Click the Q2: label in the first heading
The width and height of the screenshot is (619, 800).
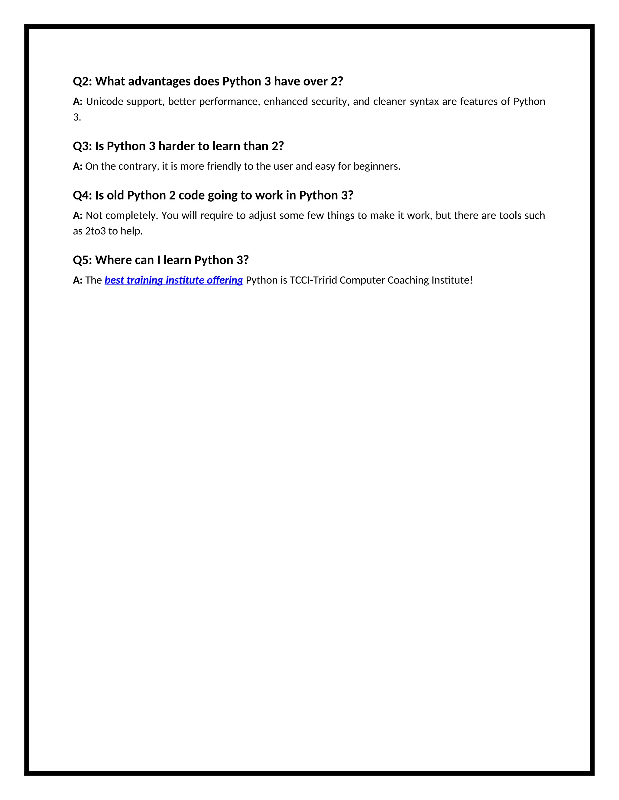(x=82, y=81)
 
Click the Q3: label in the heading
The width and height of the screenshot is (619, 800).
(x=82, y=146)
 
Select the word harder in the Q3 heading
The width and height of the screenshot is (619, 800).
(x=176, y=146)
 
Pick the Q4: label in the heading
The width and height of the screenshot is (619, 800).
(x=82, y=195)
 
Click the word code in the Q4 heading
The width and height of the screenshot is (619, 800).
(x=191, y=195)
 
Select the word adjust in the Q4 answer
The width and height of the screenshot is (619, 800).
(x=263, y=215)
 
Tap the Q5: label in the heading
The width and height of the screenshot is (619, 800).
(x=82, y=260)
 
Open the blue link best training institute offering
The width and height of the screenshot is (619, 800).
(x=174, y=280)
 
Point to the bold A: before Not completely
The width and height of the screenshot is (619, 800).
(x=77, y=215)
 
